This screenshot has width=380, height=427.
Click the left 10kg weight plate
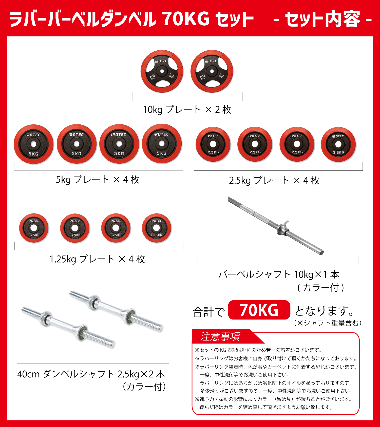(x=162, y=72)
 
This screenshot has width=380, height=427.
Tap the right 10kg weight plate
(x=212, y=72)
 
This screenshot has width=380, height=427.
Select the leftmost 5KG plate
(x=33, y=144)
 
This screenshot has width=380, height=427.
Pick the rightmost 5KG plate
(x=162, y=144)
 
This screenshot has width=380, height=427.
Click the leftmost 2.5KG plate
(x=213, y=144)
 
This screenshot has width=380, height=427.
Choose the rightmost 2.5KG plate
(x=338, y=144)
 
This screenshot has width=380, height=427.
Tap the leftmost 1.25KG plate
(x=34, y=228)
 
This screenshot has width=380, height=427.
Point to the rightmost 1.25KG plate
(x=156, y=228)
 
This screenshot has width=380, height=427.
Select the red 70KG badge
(x=259, y=310)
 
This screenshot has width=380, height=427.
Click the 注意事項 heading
(x=220, y=337)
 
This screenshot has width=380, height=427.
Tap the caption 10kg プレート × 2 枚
(x=187, y=110)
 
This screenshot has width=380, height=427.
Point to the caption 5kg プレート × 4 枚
(x=98, y=180)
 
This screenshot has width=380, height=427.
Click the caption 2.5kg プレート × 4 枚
(x=274, y=181)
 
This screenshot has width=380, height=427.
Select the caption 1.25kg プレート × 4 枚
(x=97, y=259)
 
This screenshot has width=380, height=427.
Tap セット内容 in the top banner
(x=322, y=19)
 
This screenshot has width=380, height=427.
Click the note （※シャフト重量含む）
(x=328, y=323)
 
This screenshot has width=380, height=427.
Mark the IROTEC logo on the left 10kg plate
(x=161, y=61)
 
